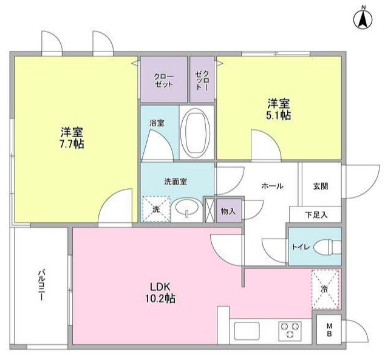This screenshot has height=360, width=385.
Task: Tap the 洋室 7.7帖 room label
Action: [72, 138]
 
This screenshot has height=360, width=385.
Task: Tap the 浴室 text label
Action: [157, 123]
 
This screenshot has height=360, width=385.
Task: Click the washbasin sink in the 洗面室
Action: [185, 210]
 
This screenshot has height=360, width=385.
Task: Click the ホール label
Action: [271, 186]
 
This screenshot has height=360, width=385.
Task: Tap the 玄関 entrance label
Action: [321, 186]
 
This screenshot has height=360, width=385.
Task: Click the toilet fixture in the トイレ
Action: [325, 247]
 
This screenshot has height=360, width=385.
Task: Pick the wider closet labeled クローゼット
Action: [163, 80]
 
